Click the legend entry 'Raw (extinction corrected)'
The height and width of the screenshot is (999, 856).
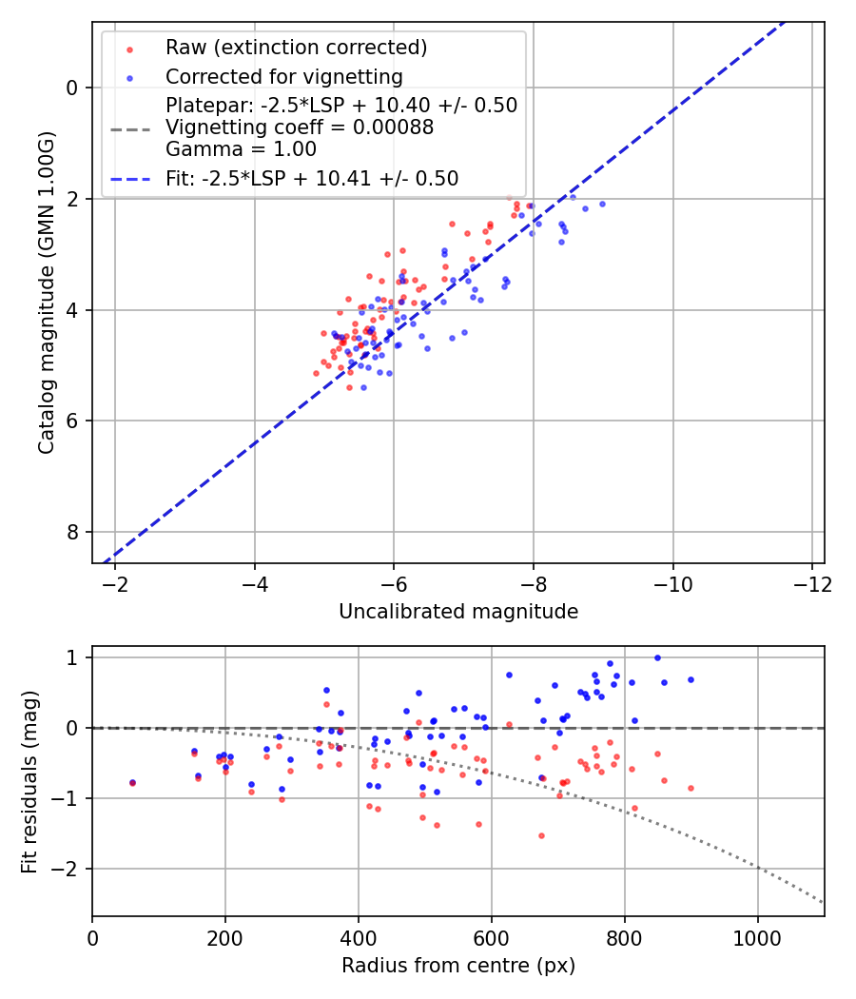pos(296,48)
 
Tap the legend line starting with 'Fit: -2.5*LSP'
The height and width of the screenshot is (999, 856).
pos(312,179)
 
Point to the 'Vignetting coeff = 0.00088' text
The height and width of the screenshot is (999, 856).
pos(300,127)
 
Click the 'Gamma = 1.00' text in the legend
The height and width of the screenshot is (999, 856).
pos(241,149)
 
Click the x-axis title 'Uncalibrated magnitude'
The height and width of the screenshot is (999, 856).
pos(458,612)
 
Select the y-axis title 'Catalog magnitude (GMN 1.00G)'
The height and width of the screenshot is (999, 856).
pos(47,292)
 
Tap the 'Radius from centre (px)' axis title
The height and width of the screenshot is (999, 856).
pos(458,966)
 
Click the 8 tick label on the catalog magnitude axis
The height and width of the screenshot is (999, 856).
pos(73,532)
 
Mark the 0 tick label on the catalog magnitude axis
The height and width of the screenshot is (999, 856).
pos(73,88)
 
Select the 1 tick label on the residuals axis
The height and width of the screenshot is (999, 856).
pos(72,657)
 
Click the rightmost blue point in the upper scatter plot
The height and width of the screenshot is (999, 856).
pos(602,204)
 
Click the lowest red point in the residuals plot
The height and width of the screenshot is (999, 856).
pos(541,835)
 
